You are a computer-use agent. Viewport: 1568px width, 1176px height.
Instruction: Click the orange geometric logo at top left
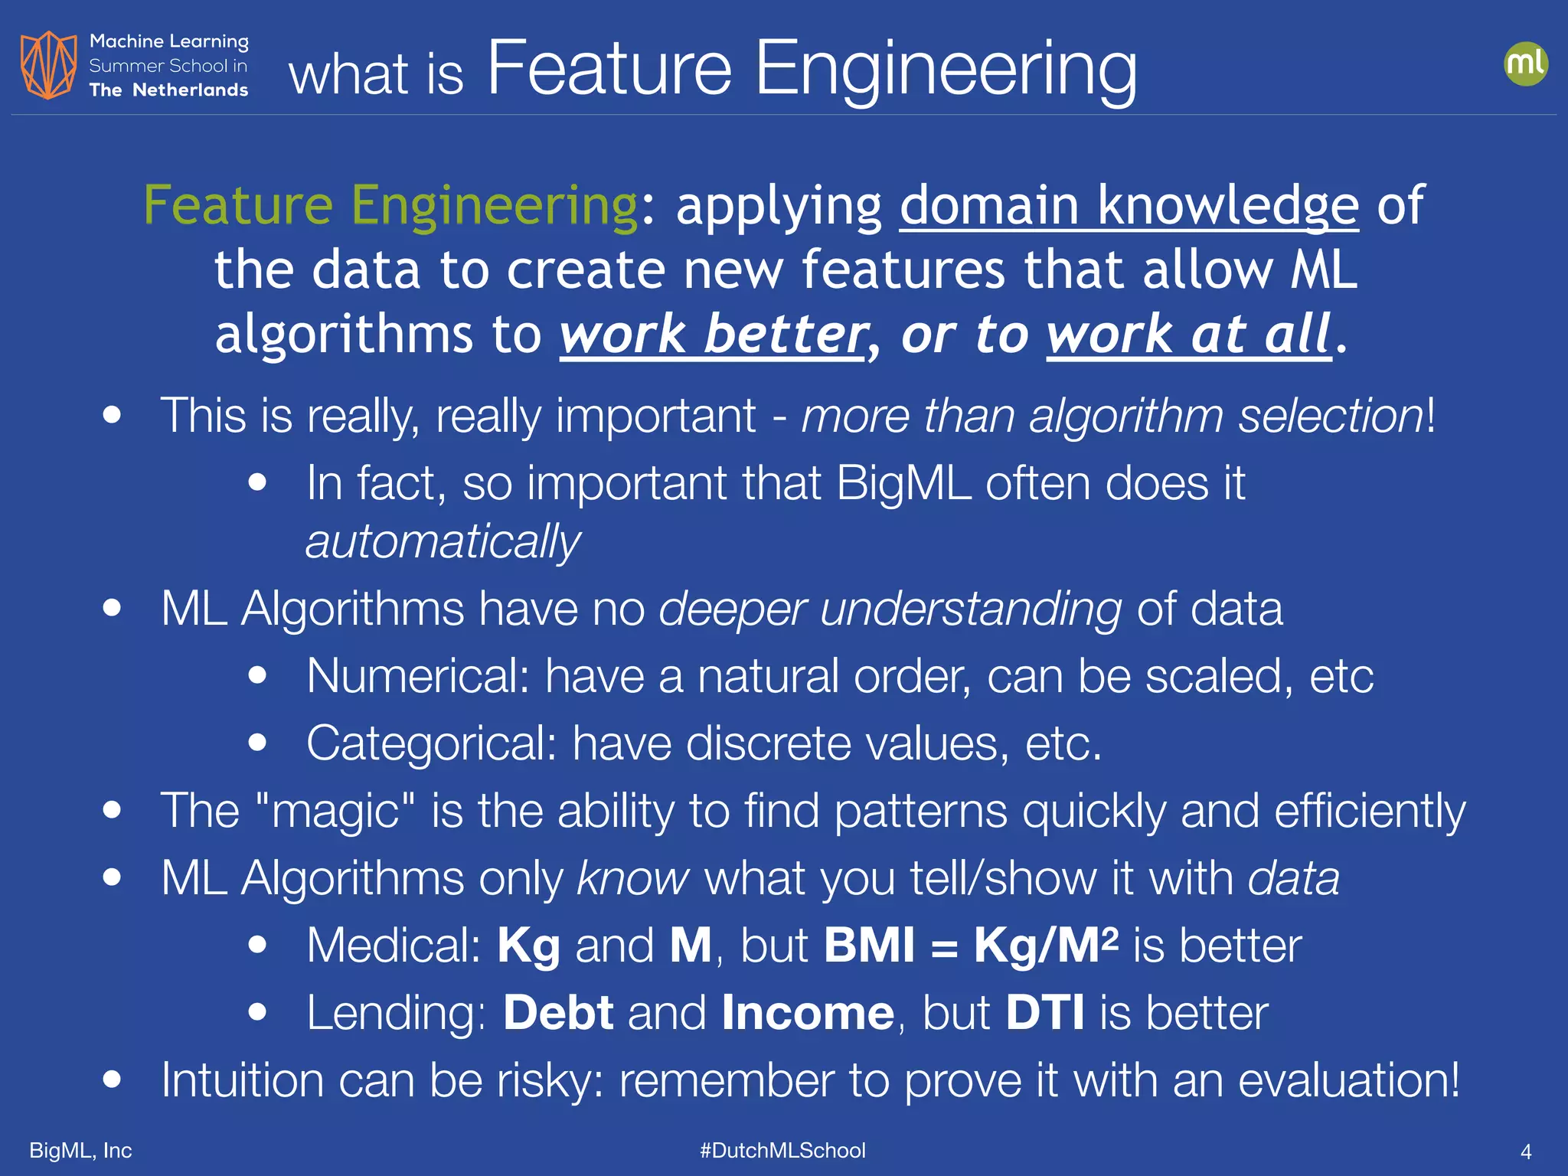point(48,65)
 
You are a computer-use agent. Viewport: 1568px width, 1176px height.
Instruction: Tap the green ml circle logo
point(1525,64)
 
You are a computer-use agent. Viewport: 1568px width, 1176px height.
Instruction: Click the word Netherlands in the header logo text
point(190,90)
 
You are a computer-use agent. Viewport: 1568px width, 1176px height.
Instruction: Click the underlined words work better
point(713,335)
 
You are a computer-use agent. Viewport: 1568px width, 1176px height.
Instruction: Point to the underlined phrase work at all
point(1188,335)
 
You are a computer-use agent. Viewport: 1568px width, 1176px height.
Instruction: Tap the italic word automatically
point(443,542)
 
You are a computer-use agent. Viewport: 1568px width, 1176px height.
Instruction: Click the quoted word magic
point(336,811)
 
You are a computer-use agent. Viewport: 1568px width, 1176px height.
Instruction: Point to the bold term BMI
point(869,946)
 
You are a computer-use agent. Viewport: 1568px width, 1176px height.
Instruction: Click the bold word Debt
point(558,1013)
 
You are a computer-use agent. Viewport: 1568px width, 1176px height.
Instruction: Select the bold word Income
point(808,1013)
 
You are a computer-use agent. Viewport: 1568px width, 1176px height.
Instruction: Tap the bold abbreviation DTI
point(1045,1013)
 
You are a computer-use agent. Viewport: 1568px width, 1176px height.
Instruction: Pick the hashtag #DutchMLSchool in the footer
point(782,1150)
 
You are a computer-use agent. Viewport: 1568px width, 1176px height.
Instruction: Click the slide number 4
point(1525,1151)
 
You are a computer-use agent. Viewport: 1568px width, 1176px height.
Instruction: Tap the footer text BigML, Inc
point(80,1150)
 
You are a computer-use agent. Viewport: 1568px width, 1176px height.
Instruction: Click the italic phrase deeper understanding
point(890,609)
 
